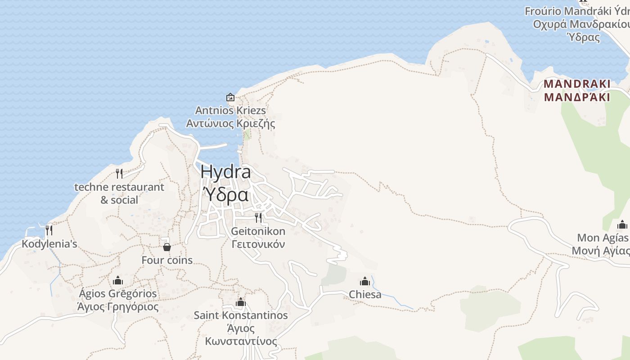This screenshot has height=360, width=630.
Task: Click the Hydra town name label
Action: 225,172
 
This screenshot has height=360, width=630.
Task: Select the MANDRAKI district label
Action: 577,84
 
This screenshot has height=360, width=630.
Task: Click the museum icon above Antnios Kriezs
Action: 230,97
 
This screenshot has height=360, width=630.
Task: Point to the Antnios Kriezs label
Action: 230,111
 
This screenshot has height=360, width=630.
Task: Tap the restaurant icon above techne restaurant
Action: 119,173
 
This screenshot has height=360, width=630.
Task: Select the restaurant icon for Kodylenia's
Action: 49,230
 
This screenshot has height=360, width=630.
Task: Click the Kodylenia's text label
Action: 49,244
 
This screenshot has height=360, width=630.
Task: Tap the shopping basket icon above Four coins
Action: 167,247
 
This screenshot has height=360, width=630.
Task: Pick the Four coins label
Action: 167,260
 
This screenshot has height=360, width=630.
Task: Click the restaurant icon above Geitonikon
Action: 258,218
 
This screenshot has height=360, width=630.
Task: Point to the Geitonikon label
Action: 258,231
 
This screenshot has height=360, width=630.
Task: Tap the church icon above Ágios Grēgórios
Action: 118,280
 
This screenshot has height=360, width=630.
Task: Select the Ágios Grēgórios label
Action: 118,294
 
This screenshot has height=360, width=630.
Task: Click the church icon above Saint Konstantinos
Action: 241,301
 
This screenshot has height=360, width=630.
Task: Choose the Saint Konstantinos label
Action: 241,315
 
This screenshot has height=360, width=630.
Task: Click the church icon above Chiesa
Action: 365,281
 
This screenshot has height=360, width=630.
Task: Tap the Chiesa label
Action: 365,295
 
